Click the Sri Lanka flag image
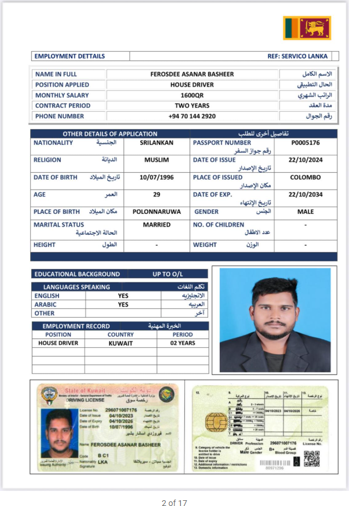[307, 28]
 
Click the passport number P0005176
[306, 143]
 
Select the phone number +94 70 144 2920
[192, 116]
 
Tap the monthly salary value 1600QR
[192, 95]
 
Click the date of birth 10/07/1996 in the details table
[156, 177]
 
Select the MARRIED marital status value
[157, 224]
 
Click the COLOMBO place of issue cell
[306, 177]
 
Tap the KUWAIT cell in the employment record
[121, 343]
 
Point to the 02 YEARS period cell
[183, 343]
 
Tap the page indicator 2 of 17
[174, 503]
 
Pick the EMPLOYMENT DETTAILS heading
[70, 56]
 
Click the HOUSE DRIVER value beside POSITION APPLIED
[192, 85]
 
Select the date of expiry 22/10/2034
[306, 194]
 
